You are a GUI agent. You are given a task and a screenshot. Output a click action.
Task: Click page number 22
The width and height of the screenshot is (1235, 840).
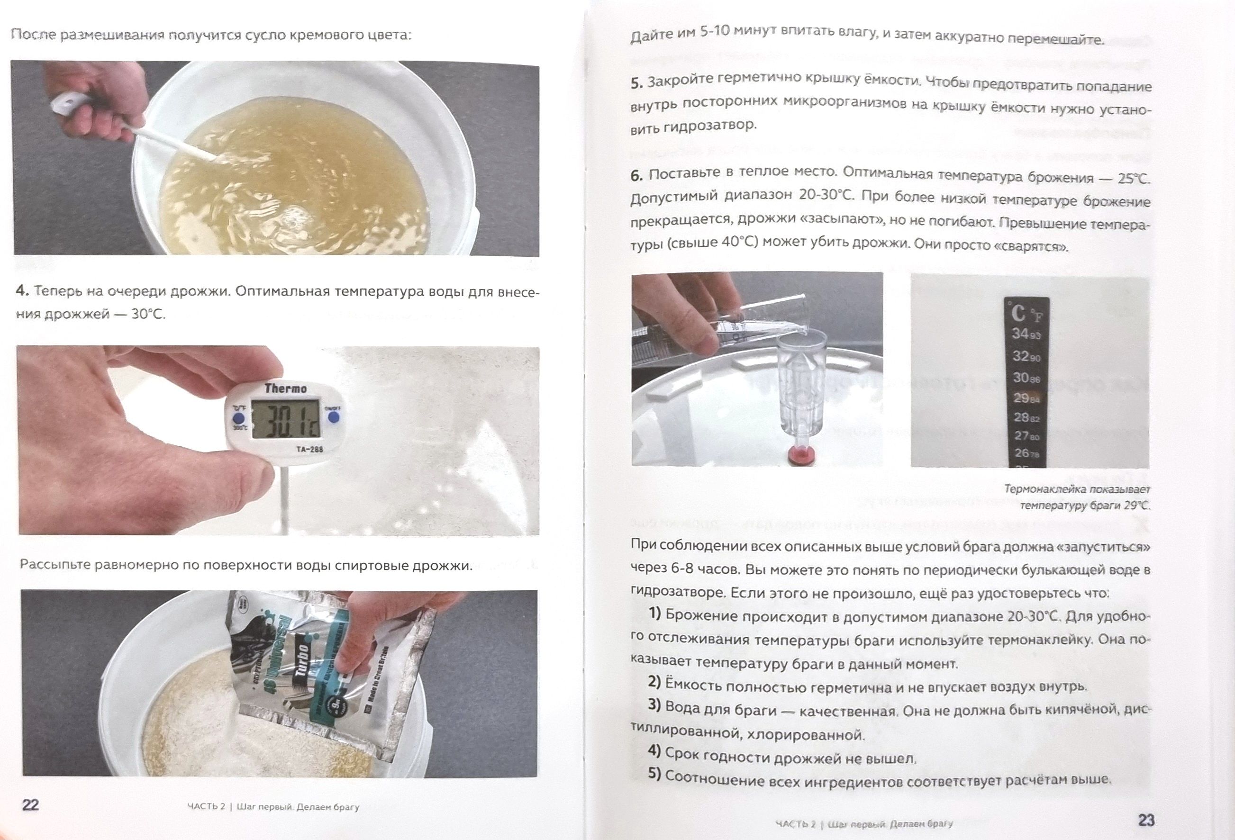point(31,804)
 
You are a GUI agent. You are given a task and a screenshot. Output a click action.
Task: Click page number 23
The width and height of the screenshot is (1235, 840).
point(1146,821)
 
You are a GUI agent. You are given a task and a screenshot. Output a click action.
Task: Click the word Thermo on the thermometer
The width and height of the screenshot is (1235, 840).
point(285,388)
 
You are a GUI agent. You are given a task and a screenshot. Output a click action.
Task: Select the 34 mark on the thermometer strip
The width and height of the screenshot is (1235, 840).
point(1020,334)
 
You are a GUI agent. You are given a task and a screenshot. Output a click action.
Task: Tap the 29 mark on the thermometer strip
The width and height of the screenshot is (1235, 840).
point(1021,397)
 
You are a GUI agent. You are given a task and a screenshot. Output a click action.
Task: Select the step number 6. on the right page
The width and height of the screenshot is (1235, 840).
point(637,175)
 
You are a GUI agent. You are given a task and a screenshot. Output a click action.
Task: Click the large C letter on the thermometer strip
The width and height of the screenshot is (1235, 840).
point(1018,313)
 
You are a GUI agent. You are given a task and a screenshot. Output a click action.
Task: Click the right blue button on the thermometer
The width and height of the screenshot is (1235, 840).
point(333,417)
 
